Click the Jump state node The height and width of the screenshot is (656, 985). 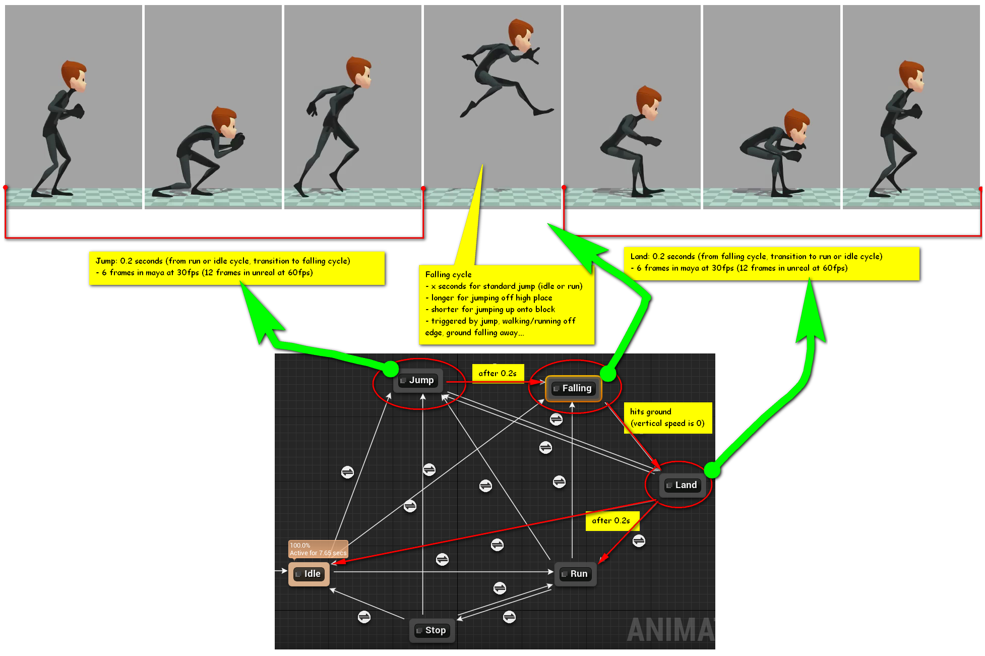tap(418, 381)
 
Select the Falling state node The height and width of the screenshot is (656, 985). tap(574, 388)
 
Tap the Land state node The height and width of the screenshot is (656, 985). tap(683, 485)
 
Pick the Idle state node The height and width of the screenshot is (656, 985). tap(309, 574)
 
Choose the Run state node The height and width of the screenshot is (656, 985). tap(575, 574)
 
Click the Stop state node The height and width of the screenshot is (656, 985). tap(432, 630)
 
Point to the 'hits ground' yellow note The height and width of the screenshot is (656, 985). tap(668, 418)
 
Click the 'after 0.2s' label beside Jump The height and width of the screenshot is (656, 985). tap(498, 373)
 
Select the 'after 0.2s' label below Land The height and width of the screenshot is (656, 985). tap(611, 521)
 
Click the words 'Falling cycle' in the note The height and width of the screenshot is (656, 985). tap(448, 274)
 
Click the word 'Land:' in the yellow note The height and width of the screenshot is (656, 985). tap(640, 256)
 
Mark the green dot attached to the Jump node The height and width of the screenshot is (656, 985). tap(390, 369)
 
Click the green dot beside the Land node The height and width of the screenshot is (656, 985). tap(712, 469)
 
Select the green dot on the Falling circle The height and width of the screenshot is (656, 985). tap(608, 373)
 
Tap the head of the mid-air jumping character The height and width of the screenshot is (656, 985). tap(521, 34)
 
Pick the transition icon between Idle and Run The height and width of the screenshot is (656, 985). tap(442, 559)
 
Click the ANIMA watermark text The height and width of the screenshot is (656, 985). tap(671, 630)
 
